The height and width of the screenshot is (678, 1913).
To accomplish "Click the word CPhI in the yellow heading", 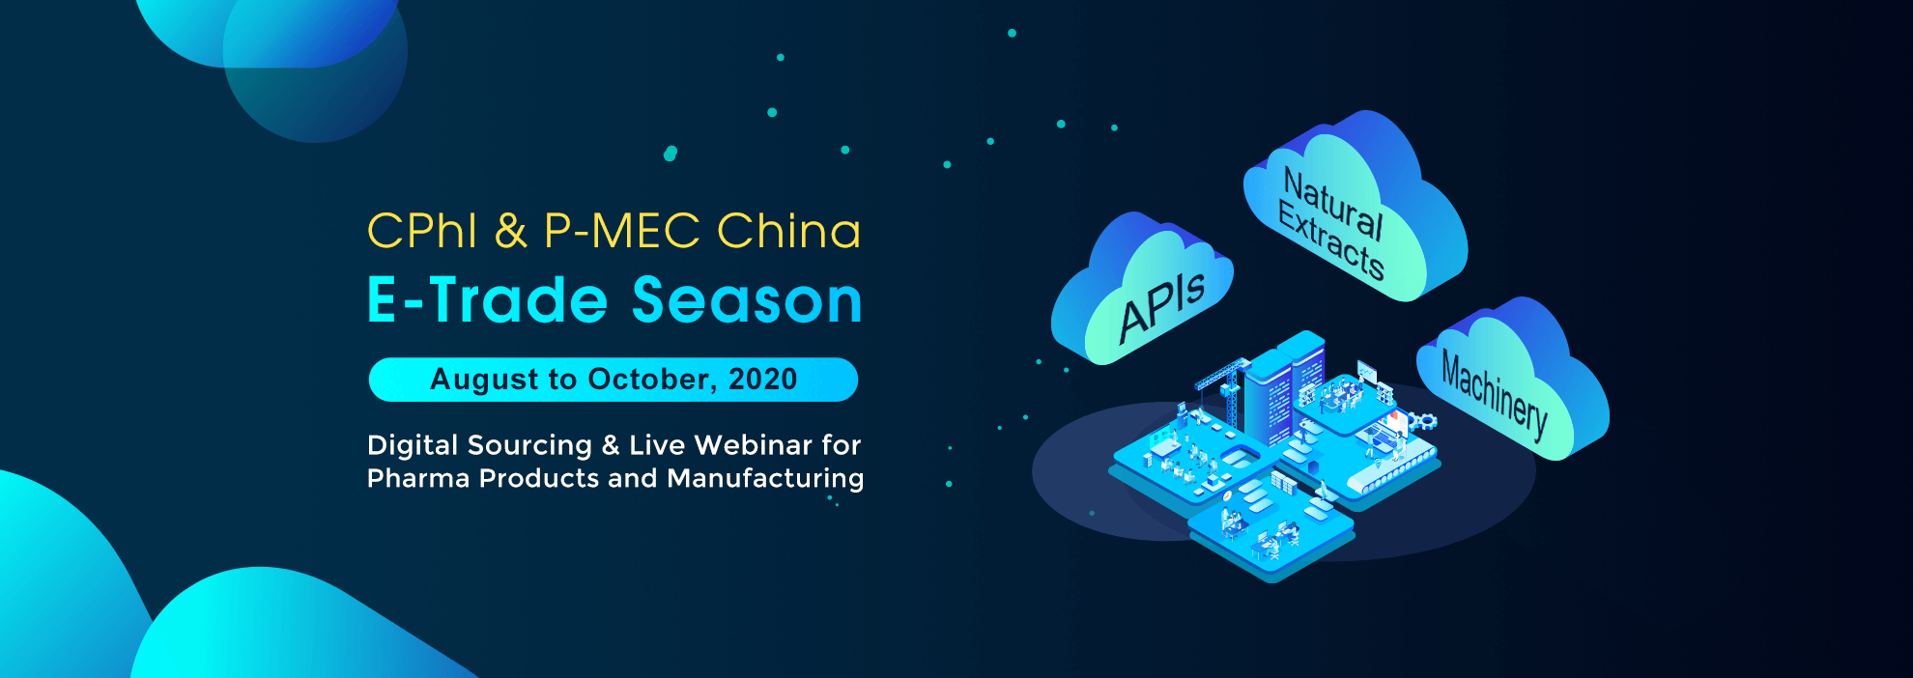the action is [x=422, y=232].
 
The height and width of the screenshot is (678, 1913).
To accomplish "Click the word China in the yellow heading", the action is [x=788, y=232].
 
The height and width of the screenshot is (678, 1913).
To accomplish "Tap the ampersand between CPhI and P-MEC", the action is [x=511, y=232].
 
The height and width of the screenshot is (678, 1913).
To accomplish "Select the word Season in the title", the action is [x=747, y=300].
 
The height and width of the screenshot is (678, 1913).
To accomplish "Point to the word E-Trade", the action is [x=488, y=300].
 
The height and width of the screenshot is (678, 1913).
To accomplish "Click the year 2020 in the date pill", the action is [x=763, y=380].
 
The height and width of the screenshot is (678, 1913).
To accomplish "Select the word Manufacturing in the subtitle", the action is [x=765, y=479].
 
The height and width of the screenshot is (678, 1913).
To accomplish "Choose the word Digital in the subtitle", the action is [x=413, y=445].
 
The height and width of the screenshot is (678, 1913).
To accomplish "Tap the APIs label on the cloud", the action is [x=1162, y=308].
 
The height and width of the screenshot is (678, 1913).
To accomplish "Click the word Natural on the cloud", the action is [x=1333, y=204].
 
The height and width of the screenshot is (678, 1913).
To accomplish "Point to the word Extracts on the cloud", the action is [x=1331, y=240].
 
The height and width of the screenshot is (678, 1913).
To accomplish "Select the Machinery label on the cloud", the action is [x=1494, y=395].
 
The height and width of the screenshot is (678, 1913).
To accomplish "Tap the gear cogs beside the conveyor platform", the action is [x=1422, y=421].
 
